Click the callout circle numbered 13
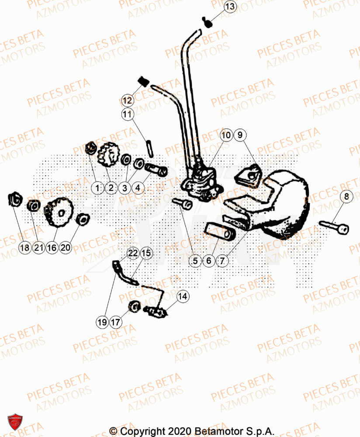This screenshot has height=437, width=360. point(230,7)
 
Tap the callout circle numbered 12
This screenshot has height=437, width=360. point(127,101)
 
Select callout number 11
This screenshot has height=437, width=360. point(127,115)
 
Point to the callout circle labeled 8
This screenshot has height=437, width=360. point(346,197)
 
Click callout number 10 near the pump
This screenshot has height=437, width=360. point(226,135)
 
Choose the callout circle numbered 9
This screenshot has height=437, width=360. point(240,135)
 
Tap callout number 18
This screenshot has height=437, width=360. point(25,248)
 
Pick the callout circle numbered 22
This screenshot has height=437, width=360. point(132,253)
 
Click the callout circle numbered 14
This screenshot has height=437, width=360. point(183,296)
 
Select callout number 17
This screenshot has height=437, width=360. point(116,323)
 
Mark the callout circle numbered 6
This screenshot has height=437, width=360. point(208,261)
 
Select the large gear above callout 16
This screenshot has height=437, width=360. point(59,212)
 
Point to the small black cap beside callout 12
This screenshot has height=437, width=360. point(142,81)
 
